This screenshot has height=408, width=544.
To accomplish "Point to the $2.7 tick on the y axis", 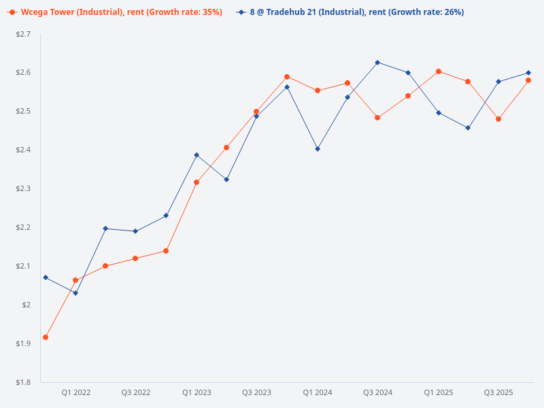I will [x=23, y=34].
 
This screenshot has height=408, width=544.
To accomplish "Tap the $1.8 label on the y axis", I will [x=23, y=382].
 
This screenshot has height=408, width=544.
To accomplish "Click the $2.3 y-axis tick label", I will [x=23, y=188].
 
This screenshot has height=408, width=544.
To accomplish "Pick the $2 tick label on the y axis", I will [x=27, y=305].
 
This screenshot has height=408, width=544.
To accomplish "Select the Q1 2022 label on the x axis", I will [x=76, y=393].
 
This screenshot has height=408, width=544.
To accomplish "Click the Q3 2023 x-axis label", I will [x=257, y=393].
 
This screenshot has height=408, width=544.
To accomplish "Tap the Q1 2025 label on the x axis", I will [x=439, y=393].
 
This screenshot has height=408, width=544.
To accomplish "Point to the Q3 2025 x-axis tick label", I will [x=498, y=393].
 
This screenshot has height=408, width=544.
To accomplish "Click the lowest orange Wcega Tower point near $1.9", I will [x=46, y=337].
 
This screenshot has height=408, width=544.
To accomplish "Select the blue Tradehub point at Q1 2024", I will [x=318, y=149].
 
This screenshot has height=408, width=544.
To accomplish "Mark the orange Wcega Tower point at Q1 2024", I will [x=318, y=90].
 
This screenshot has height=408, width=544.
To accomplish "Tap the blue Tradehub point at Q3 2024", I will [x=377, y=63].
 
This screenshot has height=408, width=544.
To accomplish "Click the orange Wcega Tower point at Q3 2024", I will [x=377, y=118].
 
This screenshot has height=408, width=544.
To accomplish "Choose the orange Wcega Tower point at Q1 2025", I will [x=439, y=71].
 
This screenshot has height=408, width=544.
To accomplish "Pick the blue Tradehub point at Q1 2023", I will [x=197, y=155].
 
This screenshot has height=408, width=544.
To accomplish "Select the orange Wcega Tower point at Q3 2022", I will [x=135, y=258].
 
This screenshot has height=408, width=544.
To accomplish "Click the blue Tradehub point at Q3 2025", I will [x=498, y=82].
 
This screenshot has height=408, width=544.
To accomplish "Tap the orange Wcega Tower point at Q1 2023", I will [x=197, y=182].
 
